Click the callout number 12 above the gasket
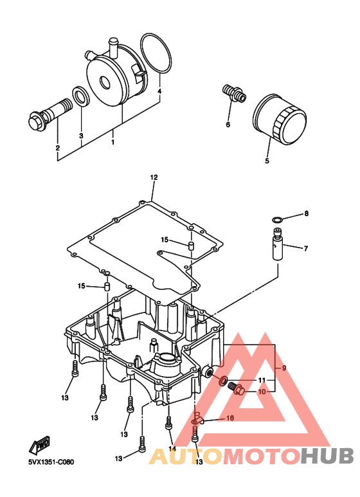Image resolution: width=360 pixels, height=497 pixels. (154, 177)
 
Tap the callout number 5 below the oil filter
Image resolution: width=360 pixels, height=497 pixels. (267, 161)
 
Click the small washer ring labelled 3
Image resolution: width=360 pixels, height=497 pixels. (81, 96)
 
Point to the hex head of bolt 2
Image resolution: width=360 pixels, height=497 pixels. (34, 122)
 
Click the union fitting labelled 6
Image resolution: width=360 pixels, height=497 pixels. (234, 93)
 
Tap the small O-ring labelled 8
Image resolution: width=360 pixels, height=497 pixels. (277, 220)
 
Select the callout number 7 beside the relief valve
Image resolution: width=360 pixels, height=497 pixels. (306, 249)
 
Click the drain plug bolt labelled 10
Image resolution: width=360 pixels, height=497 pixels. (237, 389)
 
